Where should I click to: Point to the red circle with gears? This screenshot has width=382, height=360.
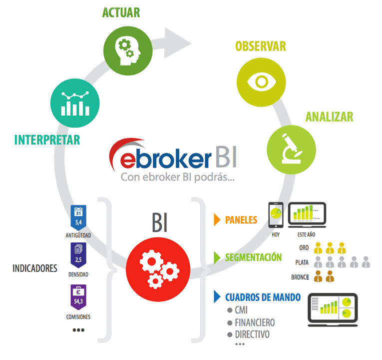pyautogui.click(x=159, y=268)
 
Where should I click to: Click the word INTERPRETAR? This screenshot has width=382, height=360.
pyautogui.click(x=47, y=140)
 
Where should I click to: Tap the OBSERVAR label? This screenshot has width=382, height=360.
pyautogui.click(x=261, y=46)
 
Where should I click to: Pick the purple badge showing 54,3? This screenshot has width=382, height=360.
pyautogui.click(x=79, y=297)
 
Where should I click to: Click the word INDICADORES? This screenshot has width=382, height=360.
pyautogui.click(x=35, y=268)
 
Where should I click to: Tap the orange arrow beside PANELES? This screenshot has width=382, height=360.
pyautogui.click(x=217, y=219)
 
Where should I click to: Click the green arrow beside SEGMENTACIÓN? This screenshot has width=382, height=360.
pyautogui.click(x=217, y=257)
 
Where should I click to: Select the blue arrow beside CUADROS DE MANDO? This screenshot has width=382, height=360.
pyautogui.click(x=217, y=296)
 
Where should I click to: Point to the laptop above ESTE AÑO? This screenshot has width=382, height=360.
pyautogui.click(x=308, y=214)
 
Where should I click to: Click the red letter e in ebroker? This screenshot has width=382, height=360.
pyautogui.click(x=128, y=159)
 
